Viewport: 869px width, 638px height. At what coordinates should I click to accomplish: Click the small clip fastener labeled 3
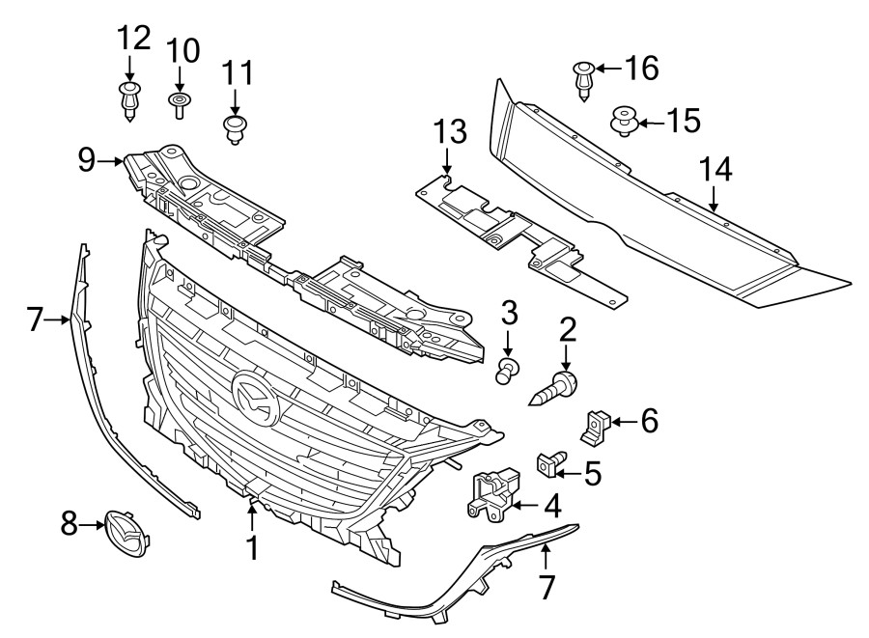pyautogui.click(x=509, y=369)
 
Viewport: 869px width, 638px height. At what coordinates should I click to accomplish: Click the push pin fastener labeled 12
pyautogui.click(x=130, y=100)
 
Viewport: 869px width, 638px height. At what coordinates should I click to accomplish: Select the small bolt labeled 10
pyautogui.click(x=180, y=104)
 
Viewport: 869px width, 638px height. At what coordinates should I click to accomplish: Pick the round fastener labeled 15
pyautogui.click(x=624, y=123)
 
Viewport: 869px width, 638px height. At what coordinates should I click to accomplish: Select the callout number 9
pyautogui.click(x=87, y=159)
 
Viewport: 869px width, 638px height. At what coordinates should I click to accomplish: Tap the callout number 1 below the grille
pyautogui.click(x=251, y=548)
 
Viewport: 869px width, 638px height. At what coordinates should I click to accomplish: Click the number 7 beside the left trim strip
pyautogui.click(x=35, y=319)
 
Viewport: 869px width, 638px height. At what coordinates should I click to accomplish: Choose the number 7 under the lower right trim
pyautogui.click(x=547, y=586)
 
